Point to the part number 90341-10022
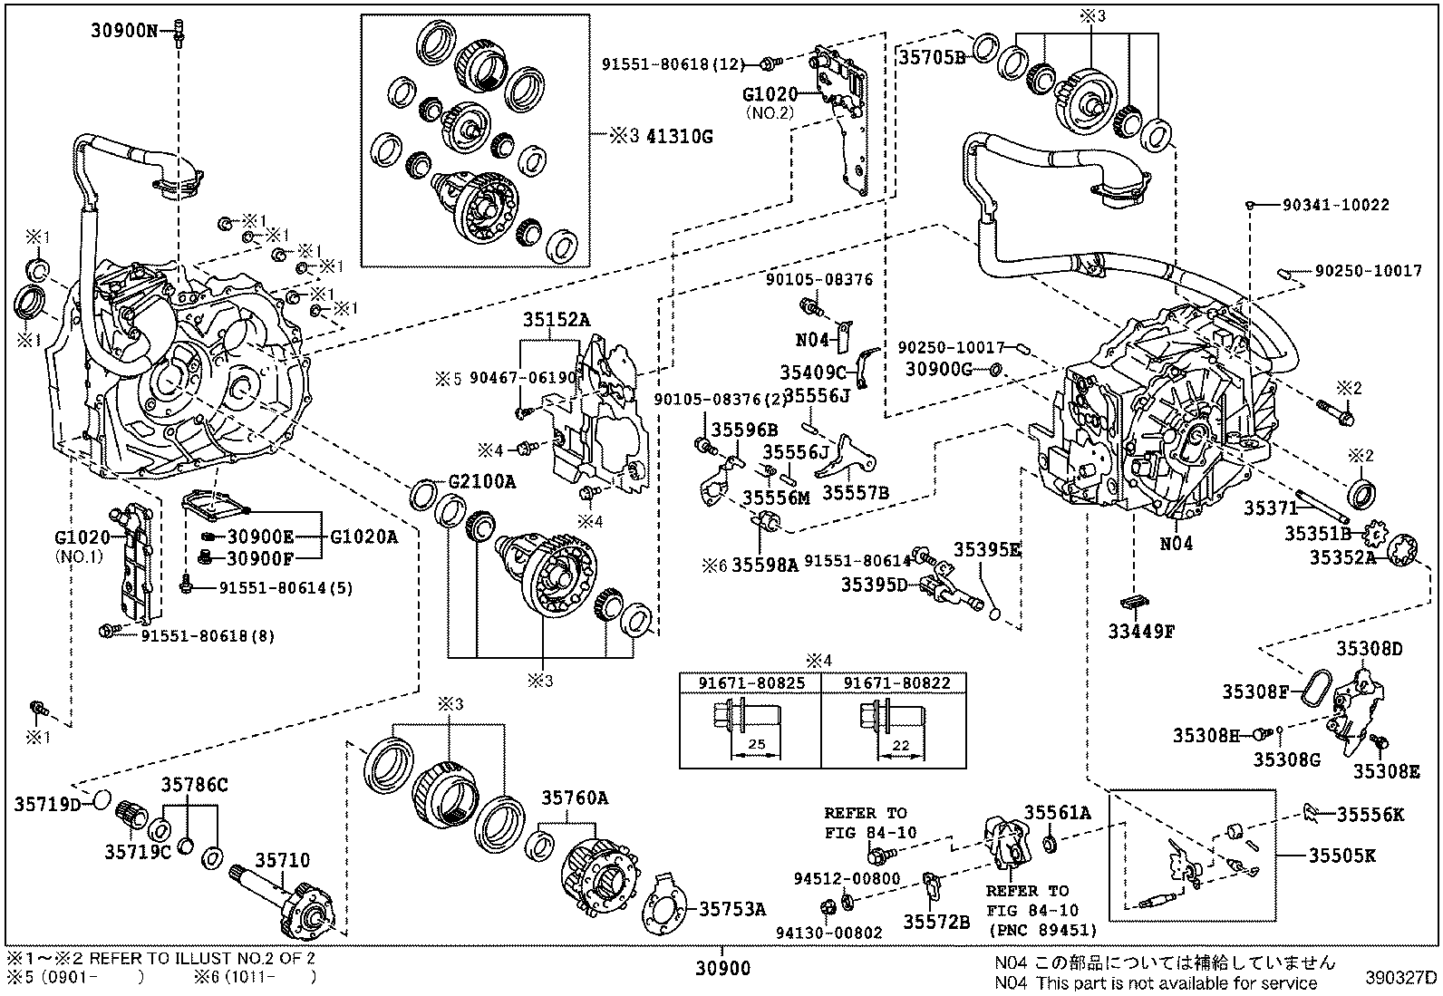(1335, 206)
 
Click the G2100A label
(481, 481)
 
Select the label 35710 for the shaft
(282, 859)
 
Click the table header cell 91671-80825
(750, 683)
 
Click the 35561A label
(1057, 812)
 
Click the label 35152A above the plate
(556, 319)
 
